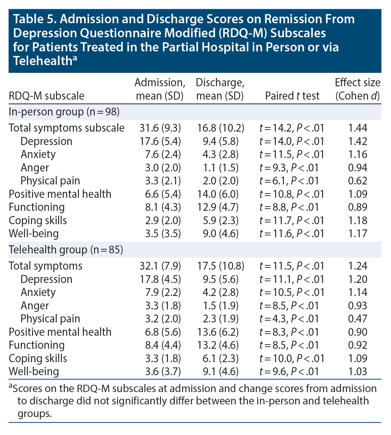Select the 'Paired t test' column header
pos(292,96)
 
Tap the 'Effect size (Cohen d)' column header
pos(358,89)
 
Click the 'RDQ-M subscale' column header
pos(46,96)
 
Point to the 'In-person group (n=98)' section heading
pos(64,112)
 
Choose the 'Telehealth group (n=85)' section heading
pos(66,250)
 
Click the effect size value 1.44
pos(358,128)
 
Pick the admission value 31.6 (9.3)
pos(160,128)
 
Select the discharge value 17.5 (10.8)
pos(221,266)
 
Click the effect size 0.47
pos(358,319)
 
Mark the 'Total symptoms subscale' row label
pos(67,128)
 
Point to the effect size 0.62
pos(358,181)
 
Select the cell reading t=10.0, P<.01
pos(292,358)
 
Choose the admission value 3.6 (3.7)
pos(160,371)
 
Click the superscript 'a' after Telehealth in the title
pos(75,58)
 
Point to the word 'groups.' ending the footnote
pos(35,413)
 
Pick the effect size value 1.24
pos(358,266)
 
